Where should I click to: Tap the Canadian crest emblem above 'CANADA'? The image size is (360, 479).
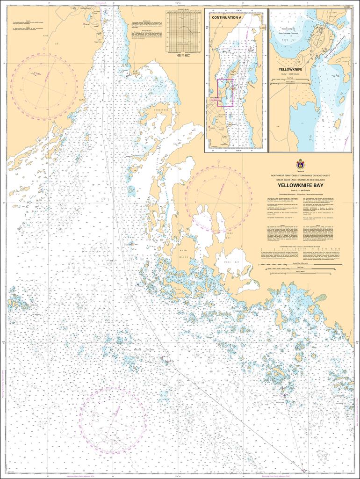pos(300,164)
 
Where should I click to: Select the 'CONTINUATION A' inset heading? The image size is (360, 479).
pos(227,17)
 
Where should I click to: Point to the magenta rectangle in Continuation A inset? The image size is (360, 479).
pos(225,93)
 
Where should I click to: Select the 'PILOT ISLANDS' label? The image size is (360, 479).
pos(280,399)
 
